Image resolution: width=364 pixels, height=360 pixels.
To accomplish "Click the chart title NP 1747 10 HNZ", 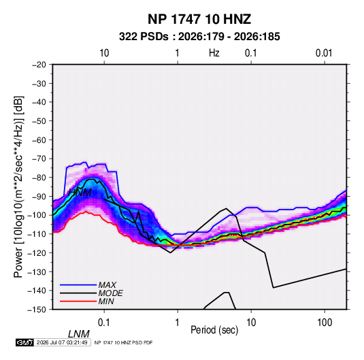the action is pyautogui.click(x=199, y=19).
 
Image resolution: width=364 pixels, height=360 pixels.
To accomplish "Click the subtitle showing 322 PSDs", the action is pyautogui.click(x=199, y=37).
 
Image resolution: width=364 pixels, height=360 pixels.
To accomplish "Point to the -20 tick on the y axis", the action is pyautogui.click(x=39, y=65).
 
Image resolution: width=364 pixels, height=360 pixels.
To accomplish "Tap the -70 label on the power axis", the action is pyautogui.click(x=39, y=159).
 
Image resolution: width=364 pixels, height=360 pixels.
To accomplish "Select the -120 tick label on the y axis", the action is pyautogui.click(x=37, y=253).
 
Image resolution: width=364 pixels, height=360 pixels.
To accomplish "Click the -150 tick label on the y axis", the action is pyautogui.click(x=37, y=310).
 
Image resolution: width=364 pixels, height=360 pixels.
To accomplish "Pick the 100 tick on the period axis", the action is pyautogui.click(x=325, y=323).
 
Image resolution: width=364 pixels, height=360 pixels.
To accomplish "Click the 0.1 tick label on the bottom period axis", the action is pyautogui.click(x=104, y=323).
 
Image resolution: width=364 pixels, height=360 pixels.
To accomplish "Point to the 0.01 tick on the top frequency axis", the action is pyautogui.click(x=324, y=53).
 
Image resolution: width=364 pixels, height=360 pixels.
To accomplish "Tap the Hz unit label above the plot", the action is pyautogui.click(x=214, y=53).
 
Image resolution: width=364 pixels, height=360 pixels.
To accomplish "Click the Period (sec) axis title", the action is pyautogui.click(x=214, y=330).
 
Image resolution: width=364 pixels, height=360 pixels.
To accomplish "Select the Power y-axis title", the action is pyautogui.click(x=18, y=187).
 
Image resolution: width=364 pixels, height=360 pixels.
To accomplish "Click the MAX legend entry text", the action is pyautogui.click(x=107, y=284).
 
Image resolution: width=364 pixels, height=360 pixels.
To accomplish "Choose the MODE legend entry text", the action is pyautogui.click(x=110, y=293).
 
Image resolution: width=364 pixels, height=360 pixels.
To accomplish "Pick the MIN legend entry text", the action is pyautogui.click(x=106, y=301).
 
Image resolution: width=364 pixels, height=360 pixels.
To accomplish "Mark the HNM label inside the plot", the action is pyautogui.click(x=80, y=193).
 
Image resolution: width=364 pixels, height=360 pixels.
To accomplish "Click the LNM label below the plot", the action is pyautogui.click(x=79, y=334).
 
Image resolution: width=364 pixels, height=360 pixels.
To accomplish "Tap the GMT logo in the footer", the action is pyautogui.click(x=24, y=342).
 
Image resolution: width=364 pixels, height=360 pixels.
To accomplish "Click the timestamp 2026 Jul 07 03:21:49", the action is pyautogui.click(x=62, y=342).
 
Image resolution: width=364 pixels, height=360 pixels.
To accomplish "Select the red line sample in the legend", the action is pyautogui.click(x=78, y=301).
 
